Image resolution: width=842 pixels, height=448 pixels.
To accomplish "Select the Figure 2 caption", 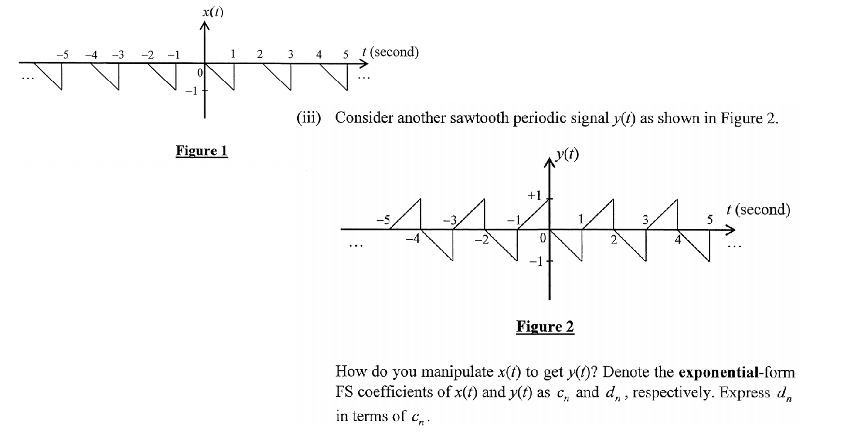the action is [545, 327].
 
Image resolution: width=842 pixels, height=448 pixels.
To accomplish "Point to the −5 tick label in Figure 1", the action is [62, 54].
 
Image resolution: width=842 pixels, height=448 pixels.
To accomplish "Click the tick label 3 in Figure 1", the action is [291, 54].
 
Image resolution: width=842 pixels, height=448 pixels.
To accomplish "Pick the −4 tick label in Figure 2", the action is [412, 240].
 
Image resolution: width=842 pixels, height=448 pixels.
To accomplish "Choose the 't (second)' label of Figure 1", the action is [389, 52].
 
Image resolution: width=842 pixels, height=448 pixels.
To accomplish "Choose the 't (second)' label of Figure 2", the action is [758, 209].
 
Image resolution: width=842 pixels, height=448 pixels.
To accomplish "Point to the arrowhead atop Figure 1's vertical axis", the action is [206, 26].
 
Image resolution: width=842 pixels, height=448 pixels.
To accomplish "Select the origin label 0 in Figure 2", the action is [542, 239].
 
